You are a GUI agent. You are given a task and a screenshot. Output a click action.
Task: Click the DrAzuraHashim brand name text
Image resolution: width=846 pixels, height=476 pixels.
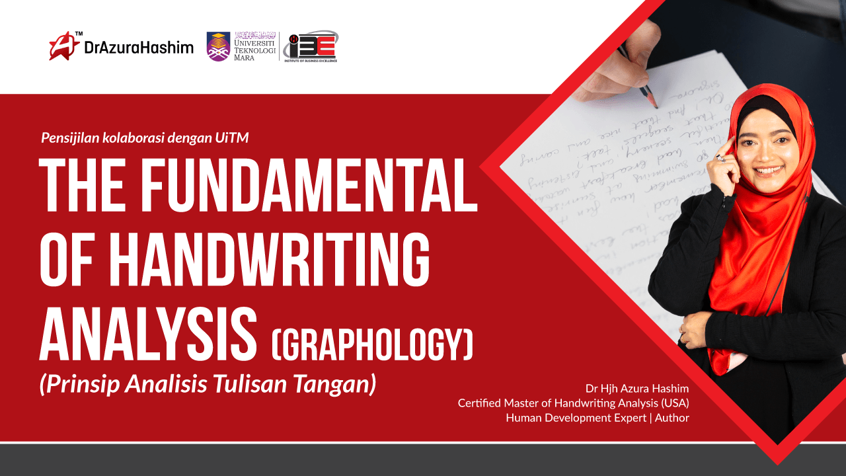point(138,47)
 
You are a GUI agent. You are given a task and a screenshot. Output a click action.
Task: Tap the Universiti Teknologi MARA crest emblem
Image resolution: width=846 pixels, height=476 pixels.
point(219,46)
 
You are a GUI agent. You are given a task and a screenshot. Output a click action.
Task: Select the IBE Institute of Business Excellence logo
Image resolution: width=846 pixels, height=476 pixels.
point(310,46)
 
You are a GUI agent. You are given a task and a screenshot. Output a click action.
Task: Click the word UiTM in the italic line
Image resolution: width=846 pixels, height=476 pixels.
point(233,138)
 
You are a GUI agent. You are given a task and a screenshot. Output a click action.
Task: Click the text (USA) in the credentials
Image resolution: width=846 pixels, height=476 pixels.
point(675,403)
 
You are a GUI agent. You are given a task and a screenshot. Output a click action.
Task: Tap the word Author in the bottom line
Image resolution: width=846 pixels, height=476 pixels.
point(672,418)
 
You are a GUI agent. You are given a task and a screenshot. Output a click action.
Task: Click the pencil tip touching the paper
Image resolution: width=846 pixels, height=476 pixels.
point(654,105)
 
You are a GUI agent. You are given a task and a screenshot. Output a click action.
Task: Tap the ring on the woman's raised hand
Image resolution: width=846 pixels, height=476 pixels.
point(722,158)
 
